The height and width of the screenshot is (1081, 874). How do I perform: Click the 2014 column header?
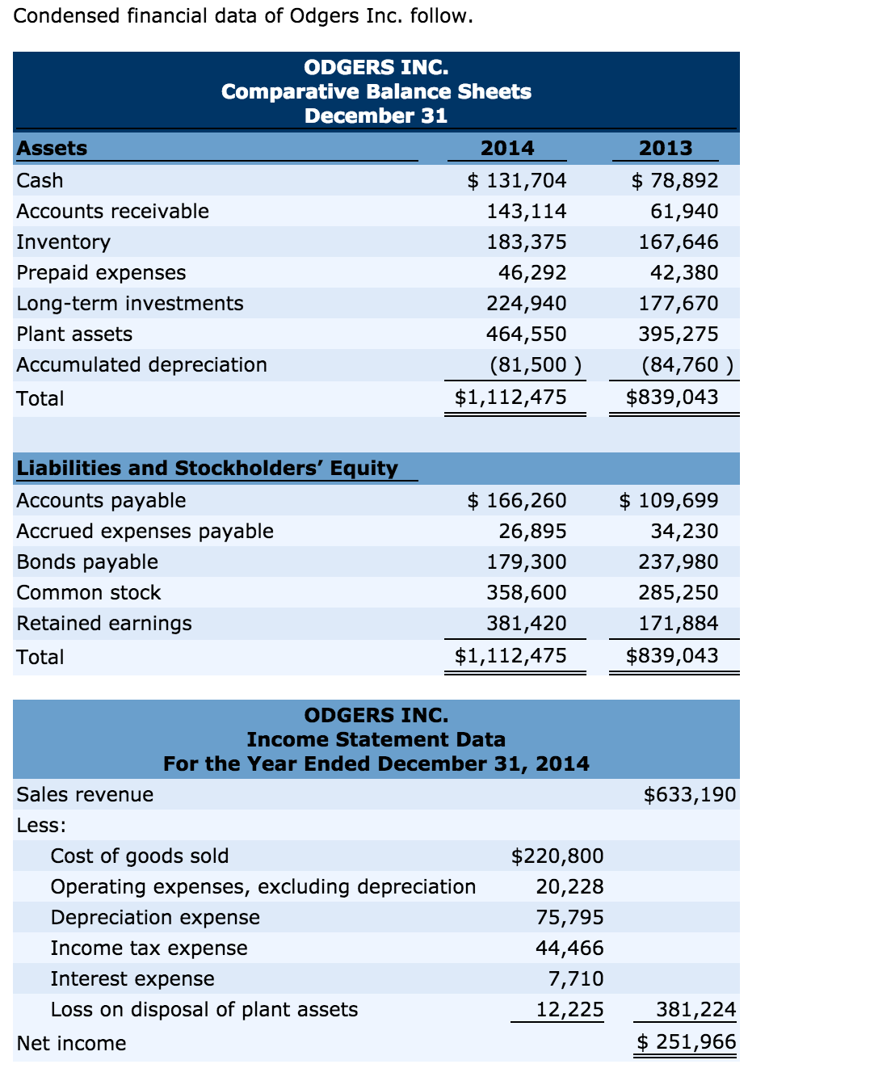tap(507, 148)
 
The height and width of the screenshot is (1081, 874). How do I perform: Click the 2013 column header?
tap(666, 148)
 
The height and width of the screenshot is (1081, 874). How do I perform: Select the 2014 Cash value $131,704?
tap(517, 180)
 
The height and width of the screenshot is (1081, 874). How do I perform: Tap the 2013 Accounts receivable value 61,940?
tap(684, 211)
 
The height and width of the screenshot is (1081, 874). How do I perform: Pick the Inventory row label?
tap(64, 242)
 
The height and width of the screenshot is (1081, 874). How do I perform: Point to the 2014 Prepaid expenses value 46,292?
tap(532, 272)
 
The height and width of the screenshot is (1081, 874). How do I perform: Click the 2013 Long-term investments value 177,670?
tap(678, 303)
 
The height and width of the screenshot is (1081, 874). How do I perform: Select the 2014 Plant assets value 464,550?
tap(526, 334)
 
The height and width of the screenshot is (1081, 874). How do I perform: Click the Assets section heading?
tap(53, 148)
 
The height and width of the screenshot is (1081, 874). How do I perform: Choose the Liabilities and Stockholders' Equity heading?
tap(208, 468)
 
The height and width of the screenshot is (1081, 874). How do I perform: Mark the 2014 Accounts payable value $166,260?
tap(517, 500)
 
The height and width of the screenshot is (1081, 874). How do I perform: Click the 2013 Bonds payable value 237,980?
tap(678, 562)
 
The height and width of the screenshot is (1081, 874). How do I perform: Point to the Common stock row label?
tap(89, 592)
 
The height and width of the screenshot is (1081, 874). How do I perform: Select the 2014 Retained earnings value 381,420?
tap(526, 623)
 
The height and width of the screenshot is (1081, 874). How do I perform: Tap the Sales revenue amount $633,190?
tap(690, 794)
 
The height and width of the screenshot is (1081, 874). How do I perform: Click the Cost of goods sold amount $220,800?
tap(557, 856)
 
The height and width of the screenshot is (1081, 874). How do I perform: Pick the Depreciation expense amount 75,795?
tap(569, 917)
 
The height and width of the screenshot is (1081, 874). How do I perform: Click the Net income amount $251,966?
tap(687, 1041)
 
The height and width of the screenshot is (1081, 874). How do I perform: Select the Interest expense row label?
tap(132, 978)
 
